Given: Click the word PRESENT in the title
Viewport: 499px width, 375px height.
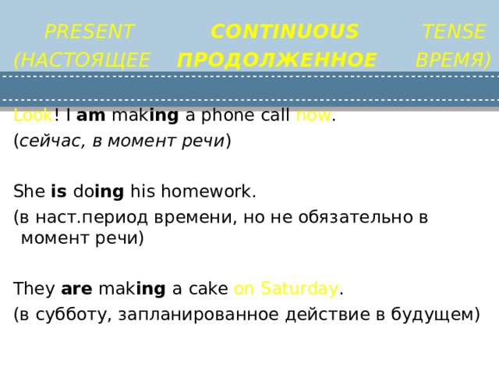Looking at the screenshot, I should (90, 32).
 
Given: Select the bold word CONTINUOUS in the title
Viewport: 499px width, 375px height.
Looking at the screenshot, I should (285, 32).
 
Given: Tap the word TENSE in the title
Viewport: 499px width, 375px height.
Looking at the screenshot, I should (454, 32).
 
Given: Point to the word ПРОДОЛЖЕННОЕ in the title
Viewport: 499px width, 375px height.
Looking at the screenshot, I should (277, 60).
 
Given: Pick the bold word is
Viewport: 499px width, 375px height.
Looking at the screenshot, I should (58, 191).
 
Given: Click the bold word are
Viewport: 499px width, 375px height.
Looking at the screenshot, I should (76, 290).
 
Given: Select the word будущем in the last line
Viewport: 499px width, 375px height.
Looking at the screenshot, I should (435, 315).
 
